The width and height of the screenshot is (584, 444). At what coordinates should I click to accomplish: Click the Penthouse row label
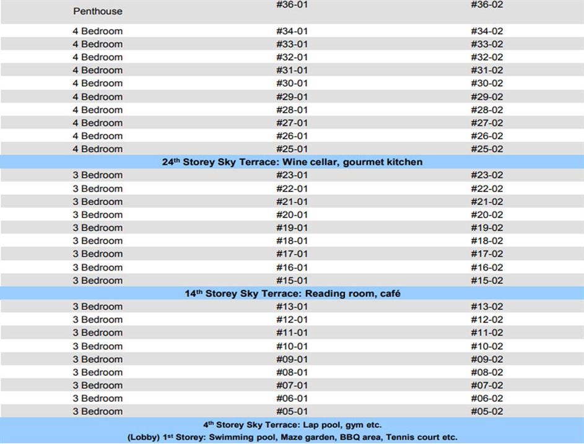click(98, 11)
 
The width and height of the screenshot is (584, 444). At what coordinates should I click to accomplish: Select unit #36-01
click(292, 4)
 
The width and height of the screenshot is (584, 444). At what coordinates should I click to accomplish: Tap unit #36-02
click(487, 4)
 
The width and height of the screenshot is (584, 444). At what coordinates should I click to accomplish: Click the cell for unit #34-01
click(292, 31)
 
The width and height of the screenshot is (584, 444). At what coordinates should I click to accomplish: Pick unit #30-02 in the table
click(487, 83)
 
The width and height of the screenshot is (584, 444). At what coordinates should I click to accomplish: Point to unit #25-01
click(292, 149)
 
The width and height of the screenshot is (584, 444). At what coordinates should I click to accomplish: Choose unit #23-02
click(487, 175)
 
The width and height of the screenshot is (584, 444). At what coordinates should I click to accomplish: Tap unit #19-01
click(292, 227)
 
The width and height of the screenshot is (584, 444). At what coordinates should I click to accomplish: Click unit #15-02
click(487, 280)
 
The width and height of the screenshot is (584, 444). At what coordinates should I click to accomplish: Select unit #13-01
click(292, 307)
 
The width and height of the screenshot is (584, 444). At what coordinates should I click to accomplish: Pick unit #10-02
click(487, 346)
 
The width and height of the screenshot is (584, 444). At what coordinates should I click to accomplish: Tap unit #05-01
click(292, 411)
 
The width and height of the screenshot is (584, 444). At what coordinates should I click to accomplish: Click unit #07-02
click(487, 385)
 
